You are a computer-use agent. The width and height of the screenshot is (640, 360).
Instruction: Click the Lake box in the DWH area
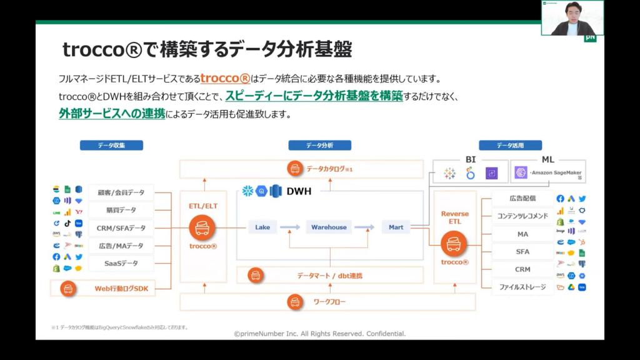click(x=262, y=227)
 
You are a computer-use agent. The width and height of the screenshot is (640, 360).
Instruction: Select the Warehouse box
click(x=329, y=227)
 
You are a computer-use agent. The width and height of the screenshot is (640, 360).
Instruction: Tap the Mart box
click(x=396, y=227)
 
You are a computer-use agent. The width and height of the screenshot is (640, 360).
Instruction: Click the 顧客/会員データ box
click(x=121, y=192)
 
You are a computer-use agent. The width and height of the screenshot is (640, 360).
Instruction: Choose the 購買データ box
click(x=121, y=211)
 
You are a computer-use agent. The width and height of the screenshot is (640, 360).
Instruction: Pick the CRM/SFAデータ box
click(x=121, y=228)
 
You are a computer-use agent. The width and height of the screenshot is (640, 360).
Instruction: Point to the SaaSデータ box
click(x=121, y=264)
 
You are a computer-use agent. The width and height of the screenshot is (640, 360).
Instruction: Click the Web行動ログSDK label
click(x=122, y=288)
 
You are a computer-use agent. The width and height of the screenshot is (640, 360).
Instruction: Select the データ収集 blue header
click(x=111, y=146)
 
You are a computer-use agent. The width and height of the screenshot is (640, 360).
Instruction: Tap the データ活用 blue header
click(x=510, y=146)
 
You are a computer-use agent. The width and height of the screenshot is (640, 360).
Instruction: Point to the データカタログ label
click(x=327, y=169)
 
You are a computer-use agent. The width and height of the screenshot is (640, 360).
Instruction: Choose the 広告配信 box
click(x=522, y=199)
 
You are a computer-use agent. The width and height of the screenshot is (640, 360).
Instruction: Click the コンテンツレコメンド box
click(x=522, y=216)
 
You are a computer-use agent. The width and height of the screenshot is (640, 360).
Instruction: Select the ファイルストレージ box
click(x=522, y=287)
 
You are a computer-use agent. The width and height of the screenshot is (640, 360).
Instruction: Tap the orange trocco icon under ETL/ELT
click(x=202, y=228)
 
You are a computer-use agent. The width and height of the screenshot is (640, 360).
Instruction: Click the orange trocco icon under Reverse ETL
click(x=454, y=244)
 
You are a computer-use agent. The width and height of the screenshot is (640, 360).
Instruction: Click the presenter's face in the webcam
click(x=572, y=12)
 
